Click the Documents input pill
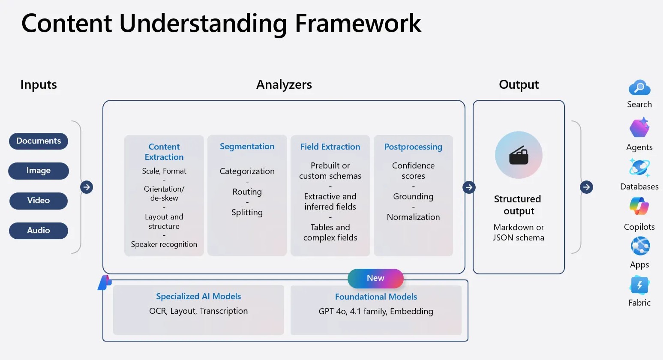39,141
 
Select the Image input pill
39,171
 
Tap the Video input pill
39,201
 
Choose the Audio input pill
39,231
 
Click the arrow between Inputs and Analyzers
87,187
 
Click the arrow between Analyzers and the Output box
469,187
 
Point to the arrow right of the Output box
586,187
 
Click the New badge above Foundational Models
375,278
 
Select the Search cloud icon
639,88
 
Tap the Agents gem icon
639,128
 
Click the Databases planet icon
639,168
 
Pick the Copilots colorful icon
639,206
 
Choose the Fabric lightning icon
639,285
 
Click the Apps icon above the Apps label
640,246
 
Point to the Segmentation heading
247,147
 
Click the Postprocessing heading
413,147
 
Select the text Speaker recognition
164,244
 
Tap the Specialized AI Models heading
198,296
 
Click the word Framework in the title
358,23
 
